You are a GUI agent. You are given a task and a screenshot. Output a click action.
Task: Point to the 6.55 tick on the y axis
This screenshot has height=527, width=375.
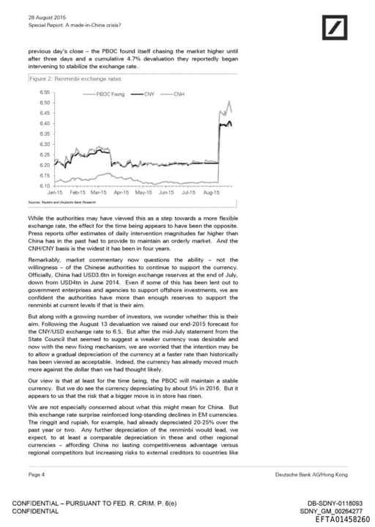(x=44, y=93)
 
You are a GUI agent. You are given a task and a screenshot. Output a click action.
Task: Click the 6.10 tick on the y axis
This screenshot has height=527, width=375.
(x=44, y=185)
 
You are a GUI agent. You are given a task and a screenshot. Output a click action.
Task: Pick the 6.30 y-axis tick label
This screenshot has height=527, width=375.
(x=44, y=144)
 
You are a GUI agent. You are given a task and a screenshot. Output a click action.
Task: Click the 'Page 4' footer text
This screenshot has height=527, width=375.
(x=36, y=475)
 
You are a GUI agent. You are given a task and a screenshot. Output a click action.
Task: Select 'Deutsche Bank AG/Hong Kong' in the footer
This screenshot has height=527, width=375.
(x=311, y=475)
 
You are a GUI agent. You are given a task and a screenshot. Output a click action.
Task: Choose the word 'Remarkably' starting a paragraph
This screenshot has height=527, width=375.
(x=45, y=259)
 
